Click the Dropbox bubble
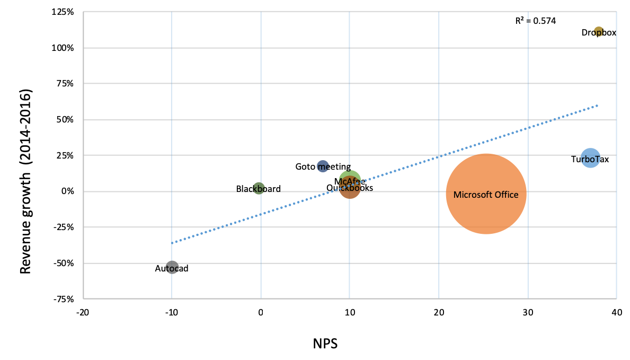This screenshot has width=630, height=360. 599,32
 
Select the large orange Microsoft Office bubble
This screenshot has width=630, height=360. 486,194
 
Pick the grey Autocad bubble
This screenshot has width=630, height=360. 172,267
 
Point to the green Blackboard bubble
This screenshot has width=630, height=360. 259,188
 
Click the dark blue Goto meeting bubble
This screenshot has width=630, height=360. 323,166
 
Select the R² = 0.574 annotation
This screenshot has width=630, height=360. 536,21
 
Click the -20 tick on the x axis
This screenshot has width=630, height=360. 82,312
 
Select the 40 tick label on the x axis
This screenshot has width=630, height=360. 616,312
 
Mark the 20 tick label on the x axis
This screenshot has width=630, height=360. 438,312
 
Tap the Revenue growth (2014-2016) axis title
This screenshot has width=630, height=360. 26,181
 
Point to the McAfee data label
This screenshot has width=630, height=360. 350,181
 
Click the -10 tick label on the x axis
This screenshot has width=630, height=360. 171,312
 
